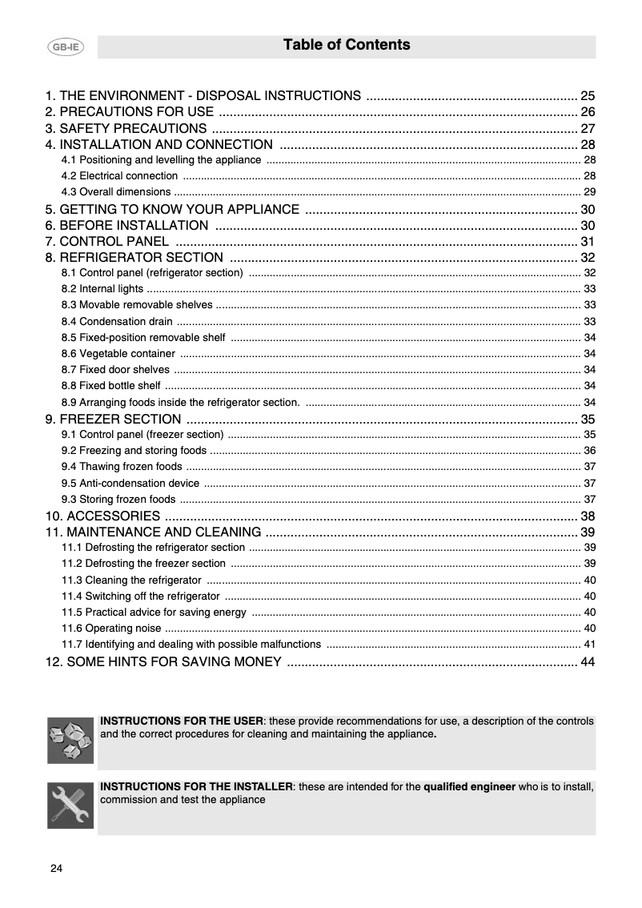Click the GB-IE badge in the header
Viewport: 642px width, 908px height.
coord(65,47)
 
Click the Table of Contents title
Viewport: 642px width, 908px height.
coord(346,45)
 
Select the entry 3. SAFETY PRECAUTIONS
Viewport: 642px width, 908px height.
coord(126,128)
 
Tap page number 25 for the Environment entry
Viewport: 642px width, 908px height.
coord(588,95)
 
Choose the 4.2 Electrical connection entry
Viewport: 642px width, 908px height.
coord(119,175)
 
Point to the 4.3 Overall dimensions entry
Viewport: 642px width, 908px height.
coord(116,191)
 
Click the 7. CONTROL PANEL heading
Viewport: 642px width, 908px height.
coord(107,241)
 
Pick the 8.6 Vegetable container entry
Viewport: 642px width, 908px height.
coord(118,353)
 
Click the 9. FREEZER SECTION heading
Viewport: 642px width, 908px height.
coord(113,419)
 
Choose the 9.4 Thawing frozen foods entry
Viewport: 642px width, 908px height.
coord(121,467)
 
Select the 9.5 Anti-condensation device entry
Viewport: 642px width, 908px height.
coord(130,483)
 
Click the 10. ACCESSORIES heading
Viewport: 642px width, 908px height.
coord(102,516)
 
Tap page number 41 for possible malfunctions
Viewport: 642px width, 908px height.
coord(589,644)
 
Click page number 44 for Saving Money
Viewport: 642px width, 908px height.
coord(588,661)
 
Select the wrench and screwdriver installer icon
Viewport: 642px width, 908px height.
coord(70,805)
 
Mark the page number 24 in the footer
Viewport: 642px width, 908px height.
coord(56,869)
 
